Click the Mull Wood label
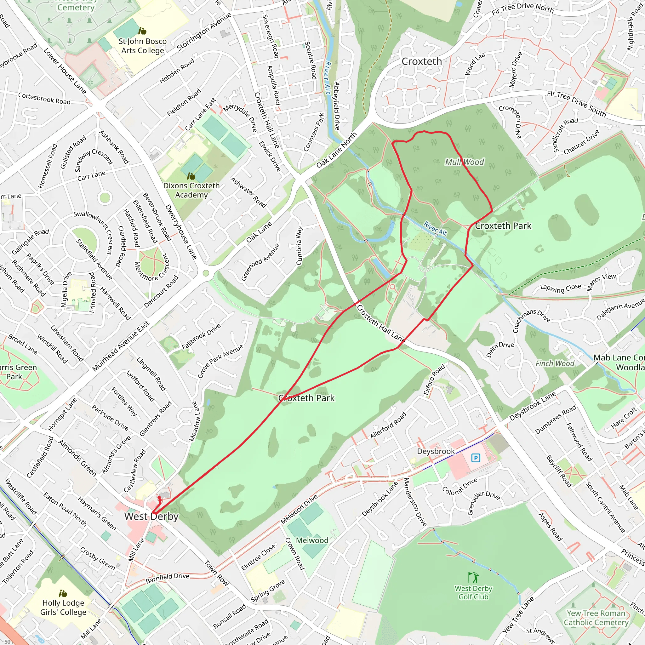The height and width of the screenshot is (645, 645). (465, 162)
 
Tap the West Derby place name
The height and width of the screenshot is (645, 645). (151, 517)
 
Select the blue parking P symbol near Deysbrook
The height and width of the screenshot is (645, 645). (476, 458)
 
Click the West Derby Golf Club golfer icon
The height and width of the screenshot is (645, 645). (473, 577)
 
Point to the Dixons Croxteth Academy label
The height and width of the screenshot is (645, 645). (191, 190)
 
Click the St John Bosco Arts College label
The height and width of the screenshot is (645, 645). (143, 46)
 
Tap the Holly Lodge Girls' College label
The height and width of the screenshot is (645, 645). (63, 607)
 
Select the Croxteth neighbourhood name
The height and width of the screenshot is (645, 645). (422, 61)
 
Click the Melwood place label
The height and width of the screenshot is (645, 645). (312, 540)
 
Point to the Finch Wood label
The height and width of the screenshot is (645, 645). (555, 363)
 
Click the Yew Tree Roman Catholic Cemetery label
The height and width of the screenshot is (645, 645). (596, 618)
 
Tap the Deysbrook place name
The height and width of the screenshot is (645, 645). (436, 451)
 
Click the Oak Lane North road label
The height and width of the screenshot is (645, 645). (337, 150)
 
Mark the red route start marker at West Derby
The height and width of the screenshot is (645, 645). (160, 500)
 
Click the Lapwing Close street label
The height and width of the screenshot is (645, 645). (561, 288)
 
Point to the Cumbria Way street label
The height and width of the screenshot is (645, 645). (300, 246)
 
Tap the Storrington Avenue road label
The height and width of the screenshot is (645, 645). (204, 32)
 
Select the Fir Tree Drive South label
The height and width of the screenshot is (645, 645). (576, 104)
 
